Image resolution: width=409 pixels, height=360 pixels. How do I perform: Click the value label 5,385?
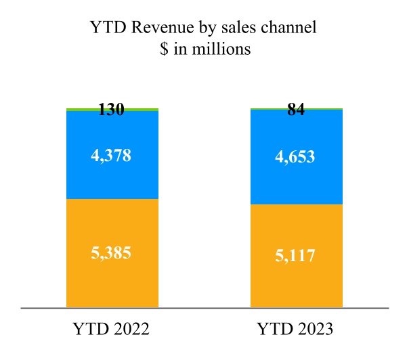click(x=112, y=254)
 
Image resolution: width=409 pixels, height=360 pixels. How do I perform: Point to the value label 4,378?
click(x=112, y=155)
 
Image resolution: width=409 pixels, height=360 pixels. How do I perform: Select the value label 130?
click(x=112, y=110)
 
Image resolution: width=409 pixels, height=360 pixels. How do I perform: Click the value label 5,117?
click(x=296, y=256)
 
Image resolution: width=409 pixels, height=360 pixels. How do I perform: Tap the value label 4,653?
click(x=296, y=158)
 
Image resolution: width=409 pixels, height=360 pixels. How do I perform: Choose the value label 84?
click(x=296, y=110)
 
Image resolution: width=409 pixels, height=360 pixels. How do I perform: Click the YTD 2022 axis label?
click(x=111, y=329)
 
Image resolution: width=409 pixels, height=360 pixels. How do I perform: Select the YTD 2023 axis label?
click(x=295, y=329)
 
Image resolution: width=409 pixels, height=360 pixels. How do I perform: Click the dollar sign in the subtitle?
click(x=160, y=51)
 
